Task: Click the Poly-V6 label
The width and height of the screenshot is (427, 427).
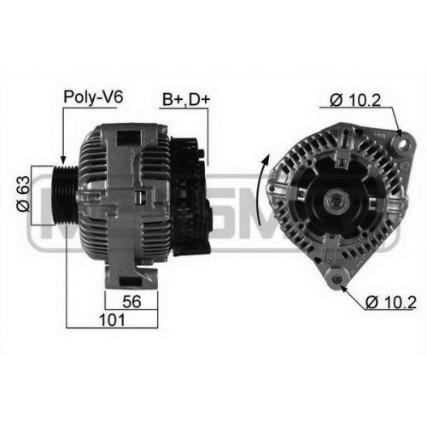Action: (x=93, y=97)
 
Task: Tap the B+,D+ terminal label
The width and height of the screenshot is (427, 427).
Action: (x=186, y=99)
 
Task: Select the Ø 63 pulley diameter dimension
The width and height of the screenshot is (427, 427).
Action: (x=23, y=194)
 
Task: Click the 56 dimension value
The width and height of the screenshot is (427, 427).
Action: (x=132, y=301)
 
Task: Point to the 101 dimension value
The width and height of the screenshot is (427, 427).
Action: (x=112, y=320)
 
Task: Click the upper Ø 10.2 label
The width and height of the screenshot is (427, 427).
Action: (x=355, y=100)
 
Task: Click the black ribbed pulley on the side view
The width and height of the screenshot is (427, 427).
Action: (x=65, y=196)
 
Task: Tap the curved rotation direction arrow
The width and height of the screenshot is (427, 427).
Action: (x=262, y=190)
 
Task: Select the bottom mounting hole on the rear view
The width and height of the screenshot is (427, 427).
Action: (x=337, y=279)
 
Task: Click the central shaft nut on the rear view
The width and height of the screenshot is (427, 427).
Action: (x=337, y=202)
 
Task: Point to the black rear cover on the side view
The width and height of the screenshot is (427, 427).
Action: (x=191, y=196)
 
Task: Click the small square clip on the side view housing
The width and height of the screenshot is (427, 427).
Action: (x=140, y=197)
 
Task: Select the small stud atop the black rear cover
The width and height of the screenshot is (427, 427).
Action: (x=202, y=154)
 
